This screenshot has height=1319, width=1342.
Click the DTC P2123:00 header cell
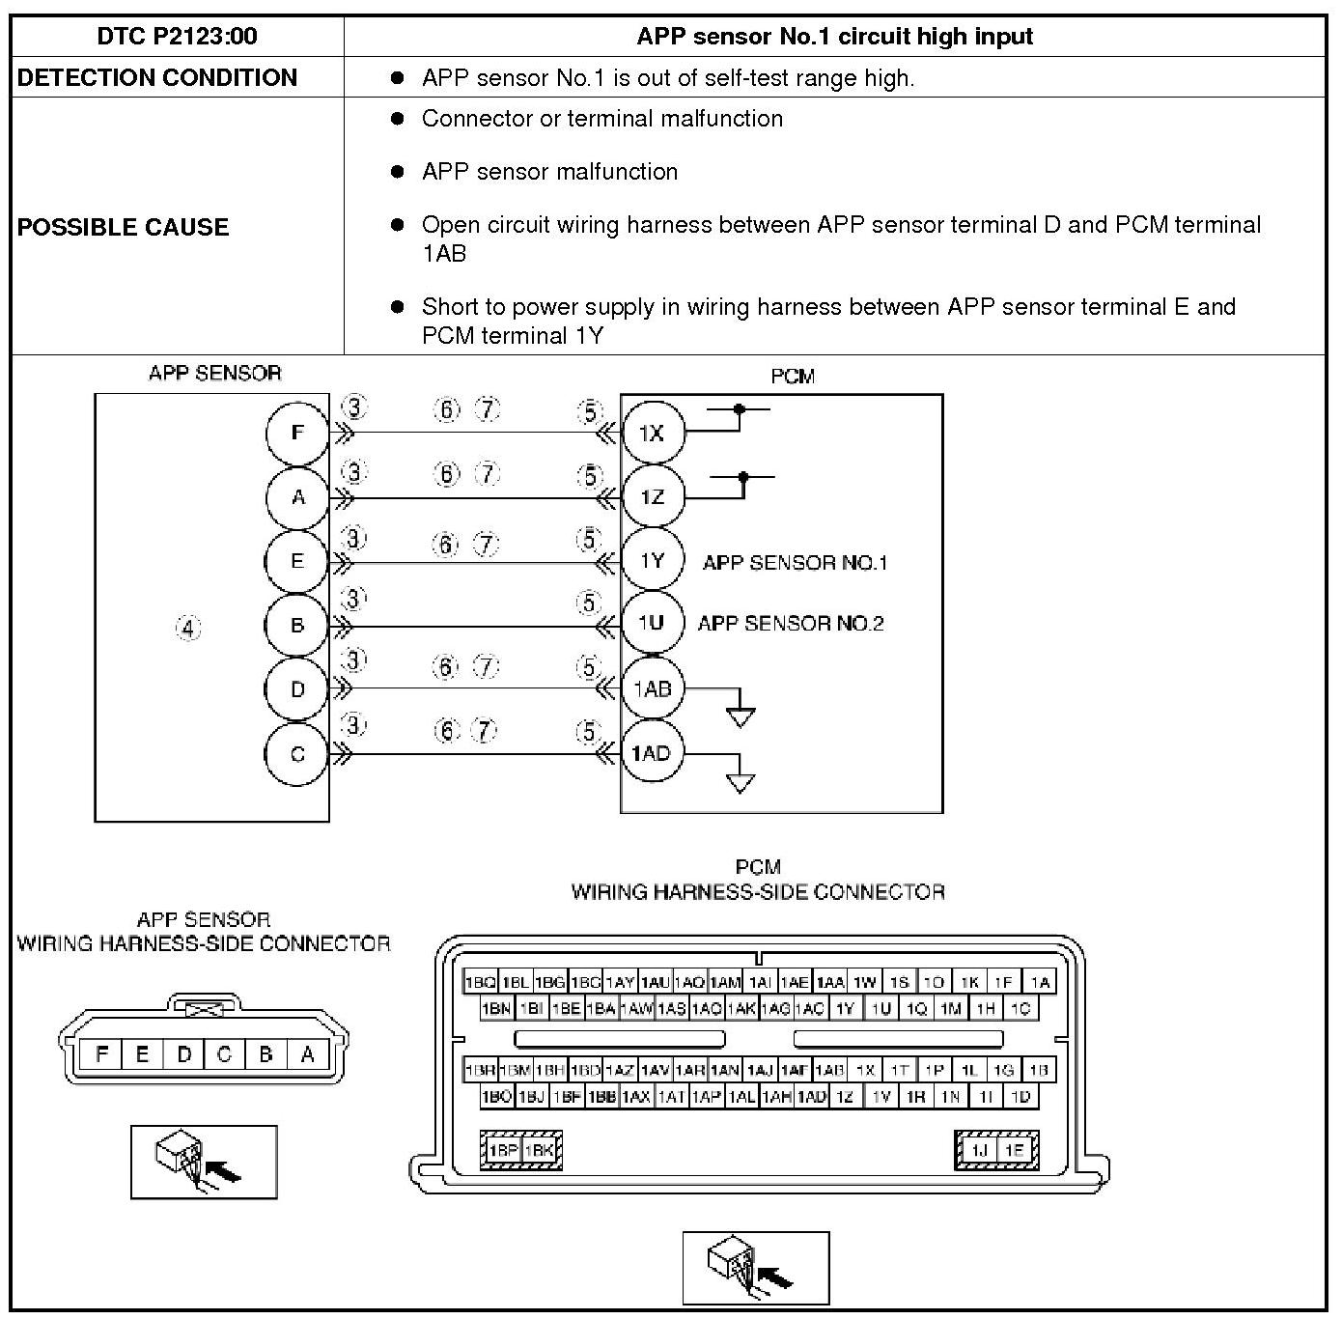click(178, 37)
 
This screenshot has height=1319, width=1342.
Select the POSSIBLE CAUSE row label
click(124, 227)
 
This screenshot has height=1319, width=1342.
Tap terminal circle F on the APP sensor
click(298, 433)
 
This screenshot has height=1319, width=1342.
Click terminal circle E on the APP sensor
click(298, 561)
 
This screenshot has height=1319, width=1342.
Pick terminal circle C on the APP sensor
click(298, 754)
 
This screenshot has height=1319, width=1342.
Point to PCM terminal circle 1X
click(652, 433)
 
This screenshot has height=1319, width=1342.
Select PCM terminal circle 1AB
click(652, 689)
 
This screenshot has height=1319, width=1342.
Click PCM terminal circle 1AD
click(652, 753)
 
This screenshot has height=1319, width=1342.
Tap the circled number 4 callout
click(188, 629)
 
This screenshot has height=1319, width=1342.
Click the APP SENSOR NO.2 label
click(791, 624)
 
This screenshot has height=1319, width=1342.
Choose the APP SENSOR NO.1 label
click(795, 563)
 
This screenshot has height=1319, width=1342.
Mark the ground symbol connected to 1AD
click(741, 781)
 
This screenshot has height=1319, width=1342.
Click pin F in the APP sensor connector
click(101, 1054)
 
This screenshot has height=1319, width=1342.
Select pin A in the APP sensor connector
click(308, 1054)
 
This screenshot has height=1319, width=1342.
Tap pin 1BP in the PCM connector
click(503, 1150)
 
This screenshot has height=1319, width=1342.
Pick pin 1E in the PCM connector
click(1014, 1150)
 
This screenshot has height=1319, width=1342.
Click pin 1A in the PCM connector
click(1040, 982)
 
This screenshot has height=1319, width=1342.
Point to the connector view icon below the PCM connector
click(756, 1268)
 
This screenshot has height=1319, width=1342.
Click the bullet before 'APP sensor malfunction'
click(397, 172)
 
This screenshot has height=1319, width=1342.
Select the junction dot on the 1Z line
click(743, 477)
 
